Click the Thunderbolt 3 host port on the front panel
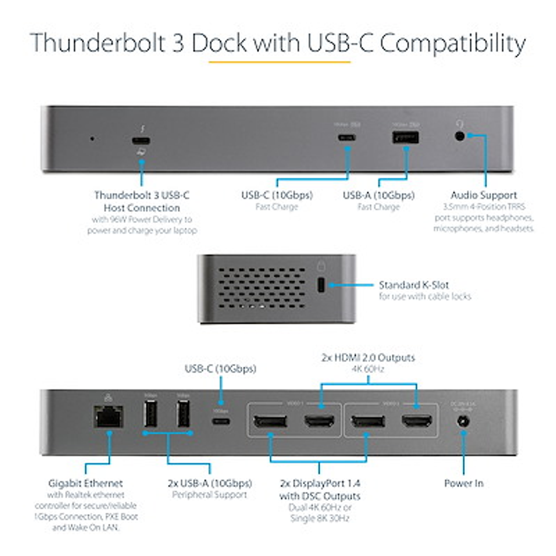(141, 141)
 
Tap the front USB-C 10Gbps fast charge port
(347, 138)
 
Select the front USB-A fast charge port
(406, 138)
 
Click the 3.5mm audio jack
(460, 136)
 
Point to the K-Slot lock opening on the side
(321, 285)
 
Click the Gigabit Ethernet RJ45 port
(108, 418)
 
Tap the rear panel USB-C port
(221, 421)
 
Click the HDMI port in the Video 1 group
(319, 421)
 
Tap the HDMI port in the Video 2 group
(417, 421)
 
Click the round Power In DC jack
(463, 422)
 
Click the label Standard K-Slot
(414, 285)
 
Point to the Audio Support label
(484, 195)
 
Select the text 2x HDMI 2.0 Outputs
(368, 358)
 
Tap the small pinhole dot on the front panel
(92, 139)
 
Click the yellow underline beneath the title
(279, 62)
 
